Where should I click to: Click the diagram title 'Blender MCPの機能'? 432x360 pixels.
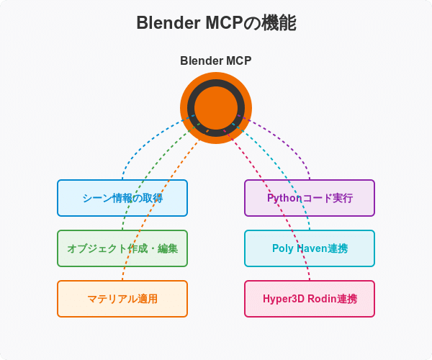216,23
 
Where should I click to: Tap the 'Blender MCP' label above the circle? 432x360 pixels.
216,60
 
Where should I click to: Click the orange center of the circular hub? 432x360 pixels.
216,108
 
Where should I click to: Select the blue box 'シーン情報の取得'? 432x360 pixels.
122,198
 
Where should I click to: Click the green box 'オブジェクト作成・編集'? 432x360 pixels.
122,248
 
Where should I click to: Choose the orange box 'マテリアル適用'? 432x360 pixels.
122,299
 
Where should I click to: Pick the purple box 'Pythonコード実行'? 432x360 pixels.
310,198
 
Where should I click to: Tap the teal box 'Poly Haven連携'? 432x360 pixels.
310,248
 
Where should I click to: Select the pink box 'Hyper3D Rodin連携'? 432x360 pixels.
310,299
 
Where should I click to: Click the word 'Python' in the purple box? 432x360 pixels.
284,198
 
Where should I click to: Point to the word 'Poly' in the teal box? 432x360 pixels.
283,248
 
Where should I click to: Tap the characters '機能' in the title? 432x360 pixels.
281,23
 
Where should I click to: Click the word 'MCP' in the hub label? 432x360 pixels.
237,60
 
